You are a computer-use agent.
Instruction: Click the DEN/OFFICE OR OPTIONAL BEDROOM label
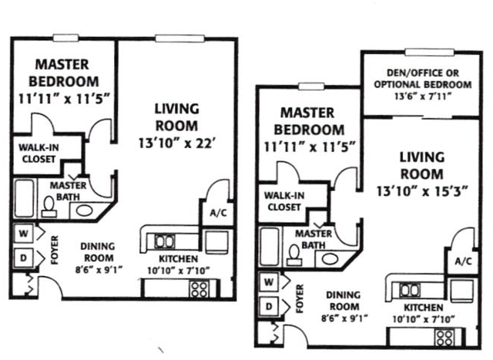[x=423, y=79]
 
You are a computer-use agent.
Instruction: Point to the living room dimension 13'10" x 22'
[x=177, y=143]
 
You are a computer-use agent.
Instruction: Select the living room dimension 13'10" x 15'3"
[x=422, y=191]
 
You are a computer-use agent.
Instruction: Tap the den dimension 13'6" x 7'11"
[x=423, y=96]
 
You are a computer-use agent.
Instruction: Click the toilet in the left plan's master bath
[x=49, y=207]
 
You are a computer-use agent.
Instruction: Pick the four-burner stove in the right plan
[x=444, y=338]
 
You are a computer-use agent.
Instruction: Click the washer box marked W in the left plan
[x=24, y=234]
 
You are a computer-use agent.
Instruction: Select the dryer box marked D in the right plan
[x=269, y=306]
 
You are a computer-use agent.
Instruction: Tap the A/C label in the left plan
[x=218, y=213]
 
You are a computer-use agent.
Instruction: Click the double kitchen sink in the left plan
[x=164, y=242]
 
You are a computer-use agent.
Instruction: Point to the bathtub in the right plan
[x=270, y=247]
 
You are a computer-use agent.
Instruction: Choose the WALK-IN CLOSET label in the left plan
[x=39, y=153]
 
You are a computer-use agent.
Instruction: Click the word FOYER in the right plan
[x=300, y=298]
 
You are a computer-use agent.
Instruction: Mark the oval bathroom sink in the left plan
[x=85, y=210]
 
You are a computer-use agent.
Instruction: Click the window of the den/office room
[x=429, y=52]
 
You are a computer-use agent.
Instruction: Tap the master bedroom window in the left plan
[x=65, y=38]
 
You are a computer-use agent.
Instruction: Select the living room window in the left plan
[x=179, y=39]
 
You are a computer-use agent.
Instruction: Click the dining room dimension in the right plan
[x=344, y=318]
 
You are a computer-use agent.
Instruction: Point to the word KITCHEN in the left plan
[x=178, y=259]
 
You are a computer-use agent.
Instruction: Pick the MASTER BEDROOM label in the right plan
[x=309, y=122]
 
